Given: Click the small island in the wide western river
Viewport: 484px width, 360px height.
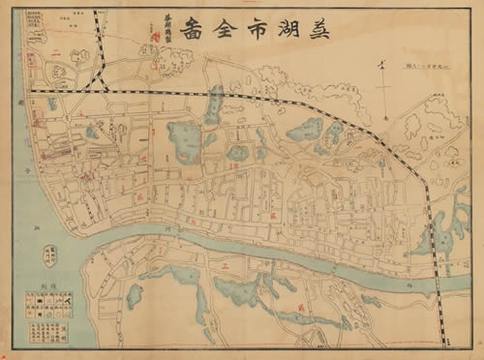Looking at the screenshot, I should pos(49,255).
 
